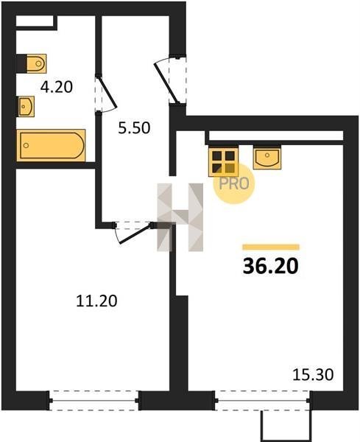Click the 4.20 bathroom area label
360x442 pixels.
point(57,87)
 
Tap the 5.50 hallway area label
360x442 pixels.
point(134,128)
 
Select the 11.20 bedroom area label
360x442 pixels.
point(96,301)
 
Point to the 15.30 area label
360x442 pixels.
point(313,375)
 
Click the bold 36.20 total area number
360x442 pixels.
point(270,267)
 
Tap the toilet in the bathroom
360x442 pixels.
point(36,63)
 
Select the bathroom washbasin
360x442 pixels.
point(27,106)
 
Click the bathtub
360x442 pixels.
point(51,145)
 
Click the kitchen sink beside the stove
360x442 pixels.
point(267,158)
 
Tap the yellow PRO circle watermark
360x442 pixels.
point(234,183)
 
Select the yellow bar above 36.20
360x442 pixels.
point(271,247)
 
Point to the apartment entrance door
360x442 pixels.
point(169,80)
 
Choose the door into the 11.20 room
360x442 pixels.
point(133,232)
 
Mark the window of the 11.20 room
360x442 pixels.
point(93,400)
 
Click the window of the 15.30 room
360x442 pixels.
point(263,400)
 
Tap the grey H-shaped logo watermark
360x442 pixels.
point(180,217)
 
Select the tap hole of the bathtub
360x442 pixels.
point(27,145)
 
